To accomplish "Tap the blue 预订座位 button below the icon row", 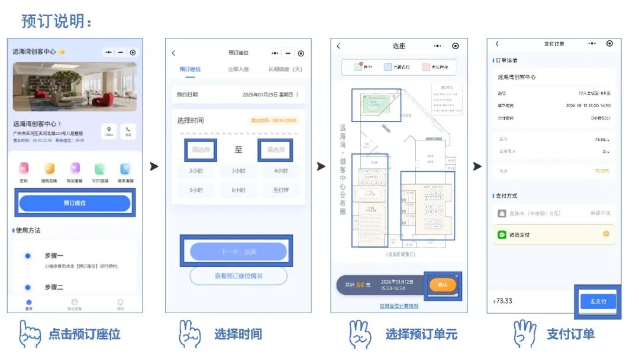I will click(75, 203).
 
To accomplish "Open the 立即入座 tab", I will click(238, 69).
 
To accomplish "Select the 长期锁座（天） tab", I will click(285, 69).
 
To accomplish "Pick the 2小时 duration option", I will click(196, 171).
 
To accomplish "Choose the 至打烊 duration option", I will click(280, 190).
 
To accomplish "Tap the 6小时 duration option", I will click(238, 190).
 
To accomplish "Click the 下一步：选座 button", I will click(238, 252).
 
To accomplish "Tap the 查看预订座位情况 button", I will click(238, 276).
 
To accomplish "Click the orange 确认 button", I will click(443, 285).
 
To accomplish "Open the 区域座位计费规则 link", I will click(399, 306).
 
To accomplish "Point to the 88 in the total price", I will click(360, 285).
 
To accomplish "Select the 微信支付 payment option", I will click(554, 234).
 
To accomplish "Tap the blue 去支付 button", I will click(598, 301).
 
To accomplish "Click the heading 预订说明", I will click(57, 21).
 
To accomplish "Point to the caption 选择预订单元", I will click(421, 334).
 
